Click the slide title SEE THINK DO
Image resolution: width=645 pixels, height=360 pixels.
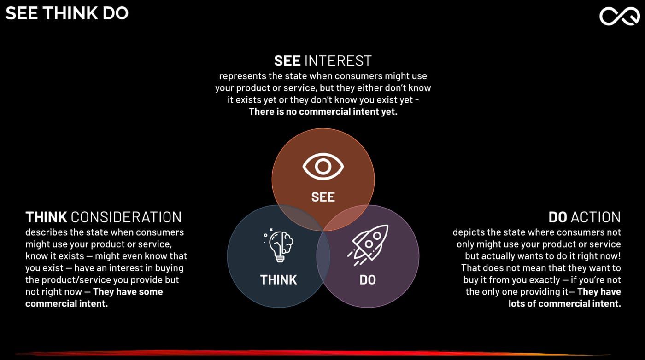click(67, 13)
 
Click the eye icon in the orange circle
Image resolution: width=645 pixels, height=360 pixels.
click(323, 167)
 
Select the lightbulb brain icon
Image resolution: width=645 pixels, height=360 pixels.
click(279, 245)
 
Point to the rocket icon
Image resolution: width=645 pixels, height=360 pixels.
click(368, 244)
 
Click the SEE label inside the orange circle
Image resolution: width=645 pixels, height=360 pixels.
click(323, 197)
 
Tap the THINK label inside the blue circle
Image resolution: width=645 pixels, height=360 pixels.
click(278, 280)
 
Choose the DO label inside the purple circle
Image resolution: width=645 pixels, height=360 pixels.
click(368, 280)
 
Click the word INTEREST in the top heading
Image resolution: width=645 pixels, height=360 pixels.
click(338, 61)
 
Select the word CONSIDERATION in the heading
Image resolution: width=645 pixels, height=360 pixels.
click(126, 217)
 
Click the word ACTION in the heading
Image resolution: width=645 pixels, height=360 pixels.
click(596, 217)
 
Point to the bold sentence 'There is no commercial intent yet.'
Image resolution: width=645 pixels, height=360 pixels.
click(323, 112)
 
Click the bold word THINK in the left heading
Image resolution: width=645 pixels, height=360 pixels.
click(47, 217)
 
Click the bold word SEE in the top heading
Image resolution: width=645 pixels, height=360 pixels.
click(287, 61)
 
